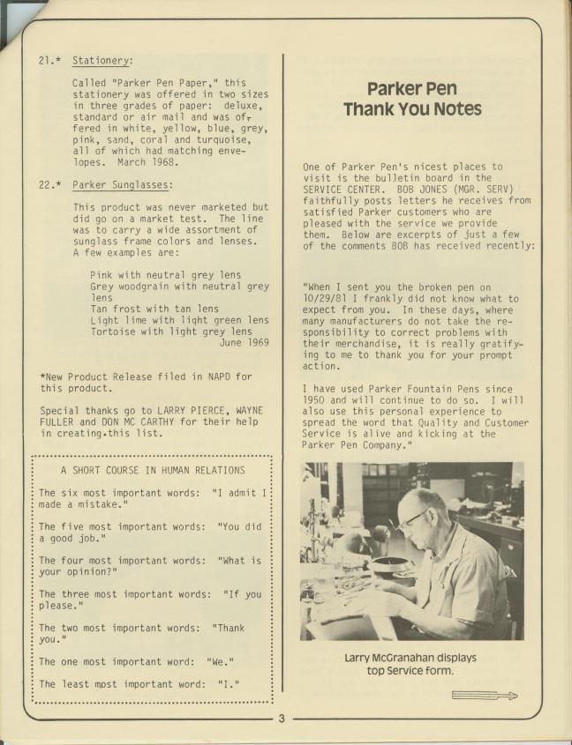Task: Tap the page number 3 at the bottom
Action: (282, 719)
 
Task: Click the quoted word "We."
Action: (220, 660)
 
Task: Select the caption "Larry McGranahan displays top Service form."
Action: (411, 664)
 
